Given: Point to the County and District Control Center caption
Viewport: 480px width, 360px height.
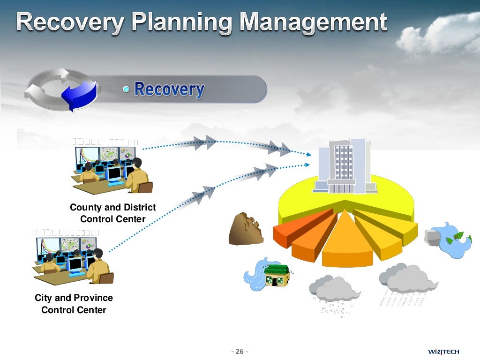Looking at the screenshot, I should pos(112,213).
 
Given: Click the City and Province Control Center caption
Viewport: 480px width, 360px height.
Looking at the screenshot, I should pos(74,304).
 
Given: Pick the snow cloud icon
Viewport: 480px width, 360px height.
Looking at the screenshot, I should pos(334,293).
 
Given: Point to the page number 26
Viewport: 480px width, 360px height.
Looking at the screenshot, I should pos(240,352).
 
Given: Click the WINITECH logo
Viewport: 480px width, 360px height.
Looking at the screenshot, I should pos(443,352).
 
